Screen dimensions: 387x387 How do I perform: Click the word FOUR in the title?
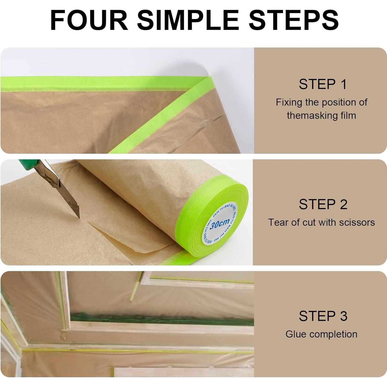(x=89, y=20)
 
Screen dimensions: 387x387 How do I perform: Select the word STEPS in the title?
(x=294, y=20)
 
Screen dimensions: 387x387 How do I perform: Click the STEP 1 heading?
(x=323, y=84)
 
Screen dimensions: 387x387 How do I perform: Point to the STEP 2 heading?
(x=323, y=204)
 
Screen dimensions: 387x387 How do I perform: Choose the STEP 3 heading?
(x=323, y=316)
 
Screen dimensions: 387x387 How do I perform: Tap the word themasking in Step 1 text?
(x=308, y=116)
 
